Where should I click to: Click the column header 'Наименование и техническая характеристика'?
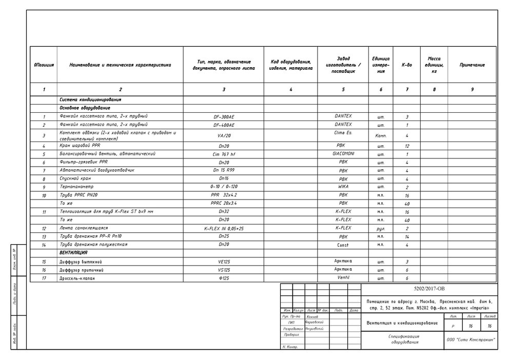[120, 65]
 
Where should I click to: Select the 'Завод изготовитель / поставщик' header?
[343, 65]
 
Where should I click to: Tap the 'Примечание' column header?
[472, 65]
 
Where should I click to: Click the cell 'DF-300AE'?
[224, 117]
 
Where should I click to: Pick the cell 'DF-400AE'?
[224, 125]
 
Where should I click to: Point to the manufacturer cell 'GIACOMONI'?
[343, 153]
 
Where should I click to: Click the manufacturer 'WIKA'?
[343, 187]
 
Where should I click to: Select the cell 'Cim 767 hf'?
[224, 154]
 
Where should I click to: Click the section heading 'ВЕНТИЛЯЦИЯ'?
[73, 253]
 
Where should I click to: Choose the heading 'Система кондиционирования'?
[90, 99]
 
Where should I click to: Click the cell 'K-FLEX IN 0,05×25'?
[224, 228]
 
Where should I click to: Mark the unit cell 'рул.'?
[381, 228]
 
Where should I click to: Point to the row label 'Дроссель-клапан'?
[77, 278]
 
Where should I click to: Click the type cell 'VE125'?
[224, 262]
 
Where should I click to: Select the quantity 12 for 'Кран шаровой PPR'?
[407, 146]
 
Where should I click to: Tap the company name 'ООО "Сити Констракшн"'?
[471, 339]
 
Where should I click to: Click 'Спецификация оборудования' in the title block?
[403, 339]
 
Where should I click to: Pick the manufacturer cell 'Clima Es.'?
[343, 133]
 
